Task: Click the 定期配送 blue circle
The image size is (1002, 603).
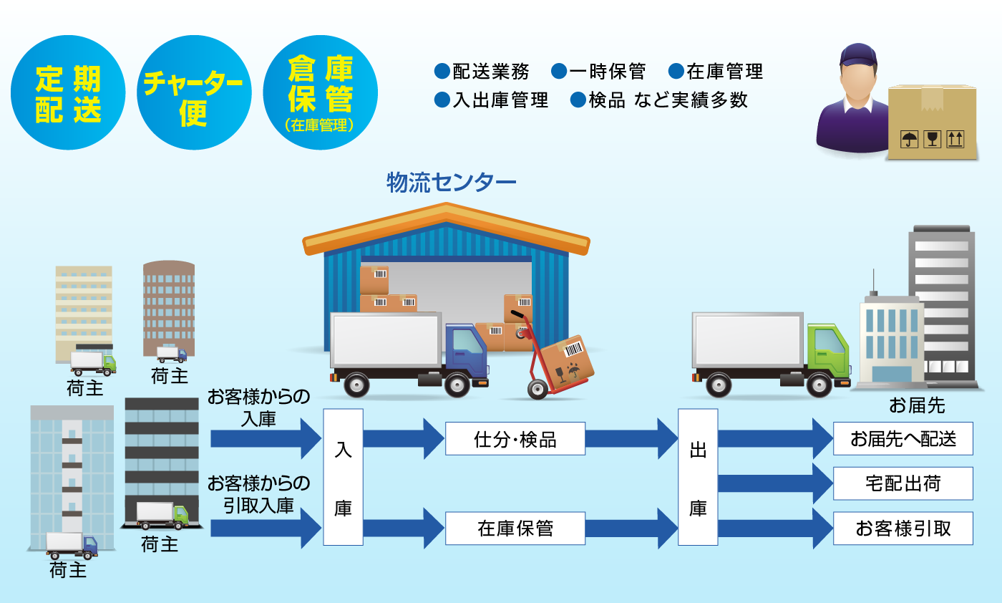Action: (x=68, y=92)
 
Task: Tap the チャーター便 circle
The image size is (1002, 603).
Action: (x=194, y=92)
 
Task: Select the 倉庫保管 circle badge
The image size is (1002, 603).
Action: (x=320, y=92)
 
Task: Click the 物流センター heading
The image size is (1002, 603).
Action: (x=451, y=183)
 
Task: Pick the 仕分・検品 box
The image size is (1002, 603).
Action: (x=515, y=439)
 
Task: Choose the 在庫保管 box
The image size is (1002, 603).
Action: (x=515, y=529)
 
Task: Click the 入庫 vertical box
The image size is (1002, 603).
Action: (x=343, y=477)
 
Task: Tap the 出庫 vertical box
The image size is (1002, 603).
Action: (x=698, y=477)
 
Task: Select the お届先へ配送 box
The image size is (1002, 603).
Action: (x=903, y=438)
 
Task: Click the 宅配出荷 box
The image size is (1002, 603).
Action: (x=903, y=483)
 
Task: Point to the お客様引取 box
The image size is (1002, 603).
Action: (x=903, y=529)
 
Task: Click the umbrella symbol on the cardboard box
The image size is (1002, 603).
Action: (x=909, y=138)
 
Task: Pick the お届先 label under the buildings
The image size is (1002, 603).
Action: (x=917, y=406)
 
